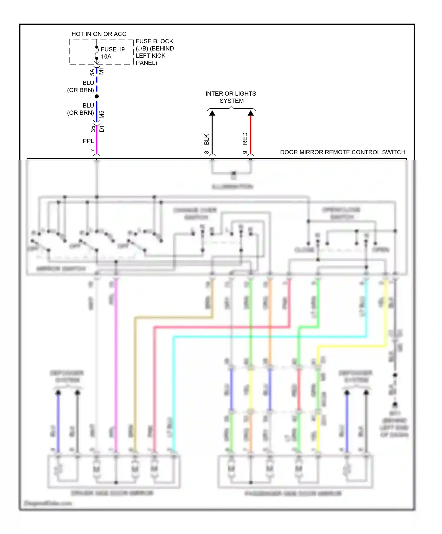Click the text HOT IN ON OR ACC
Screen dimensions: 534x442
(99, 34)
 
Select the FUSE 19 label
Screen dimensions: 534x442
(113, 49)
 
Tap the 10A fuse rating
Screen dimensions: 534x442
(106, 57)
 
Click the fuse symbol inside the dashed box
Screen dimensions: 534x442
(97, 53)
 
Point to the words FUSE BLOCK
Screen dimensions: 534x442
(154, 41)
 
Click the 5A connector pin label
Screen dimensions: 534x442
(92, 72)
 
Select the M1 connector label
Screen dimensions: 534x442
(102, 71)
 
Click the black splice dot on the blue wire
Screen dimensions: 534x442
(97, 96)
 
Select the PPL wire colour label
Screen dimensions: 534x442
(88, 141)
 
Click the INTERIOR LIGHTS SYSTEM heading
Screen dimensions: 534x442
(231, 97)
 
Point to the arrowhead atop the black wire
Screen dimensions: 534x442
(212, 113)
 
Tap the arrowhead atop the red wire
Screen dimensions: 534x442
(251, 113)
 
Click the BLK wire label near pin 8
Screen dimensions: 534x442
(207, 139)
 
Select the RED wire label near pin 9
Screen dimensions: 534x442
(245, 139)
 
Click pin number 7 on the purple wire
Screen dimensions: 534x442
(93, 151)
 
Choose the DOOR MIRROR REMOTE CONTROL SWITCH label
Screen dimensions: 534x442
(342, 152)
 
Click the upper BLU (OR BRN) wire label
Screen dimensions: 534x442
(81, 87)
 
